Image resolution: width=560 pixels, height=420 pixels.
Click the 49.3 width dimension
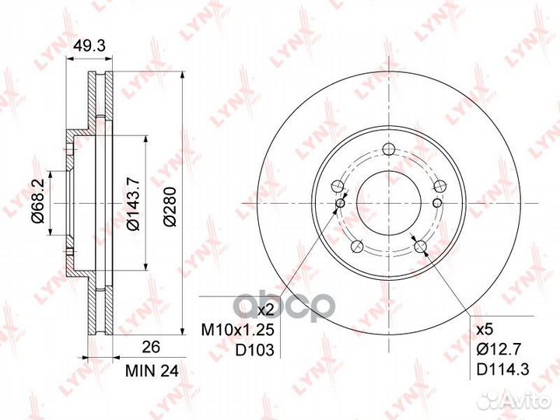(89, 46)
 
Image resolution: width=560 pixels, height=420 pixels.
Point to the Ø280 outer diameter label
(170, 206)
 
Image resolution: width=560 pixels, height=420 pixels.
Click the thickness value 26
(151, 347)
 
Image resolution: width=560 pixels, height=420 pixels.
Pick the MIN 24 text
(152, 372)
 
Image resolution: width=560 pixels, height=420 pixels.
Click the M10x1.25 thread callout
(237, 330)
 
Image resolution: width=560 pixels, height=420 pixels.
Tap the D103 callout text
(254, 350)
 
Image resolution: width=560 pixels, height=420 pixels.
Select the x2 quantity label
(265, 310)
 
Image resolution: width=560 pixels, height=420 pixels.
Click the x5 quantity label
(485, 329)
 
